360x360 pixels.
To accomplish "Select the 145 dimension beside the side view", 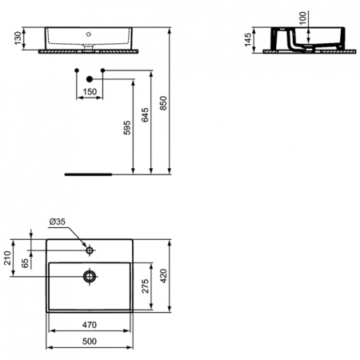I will (x=250, y=40).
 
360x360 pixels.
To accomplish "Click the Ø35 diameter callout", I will (x=58, y=222).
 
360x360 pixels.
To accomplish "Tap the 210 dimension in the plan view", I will (x=9, y=258).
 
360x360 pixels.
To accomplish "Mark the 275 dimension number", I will (x=146, y=287).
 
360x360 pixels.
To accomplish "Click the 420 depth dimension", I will (x=165, y=277).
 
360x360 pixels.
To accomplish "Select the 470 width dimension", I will (x=89, y=325).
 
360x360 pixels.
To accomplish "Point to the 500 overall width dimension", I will (x=89, y=342).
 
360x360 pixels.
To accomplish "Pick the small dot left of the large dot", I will (x=75, y=71).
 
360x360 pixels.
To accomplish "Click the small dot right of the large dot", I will (x=104, y=71).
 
